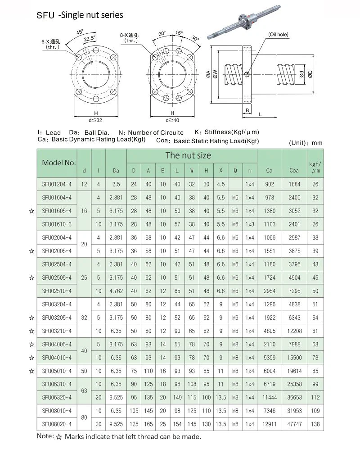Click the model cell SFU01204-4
(x=57, y=184)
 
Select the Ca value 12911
(x=269, y=424)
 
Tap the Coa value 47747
(x=294, y=424)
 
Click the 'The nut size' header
(x=188, y=155)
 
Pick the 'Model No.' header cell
(x=59, y=163)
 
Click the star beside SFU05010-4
(x=31, y=371)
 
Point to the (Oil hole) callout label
(x=278, y=35)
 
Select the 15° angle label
(x=179, y=33)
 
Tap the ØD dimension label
(x=310, y=74)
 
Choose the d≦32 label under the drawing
(x=96, y=120)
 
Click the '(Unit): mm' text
(x=305, y=143)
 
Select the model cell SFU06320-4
(x=57, y=397)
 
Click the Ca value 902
(x=269, y=184)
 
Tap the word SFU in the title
(x=45, y=15)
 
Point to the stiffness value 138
(x=315, y=424)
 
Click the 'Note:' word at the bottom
(x=45, y=436)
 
